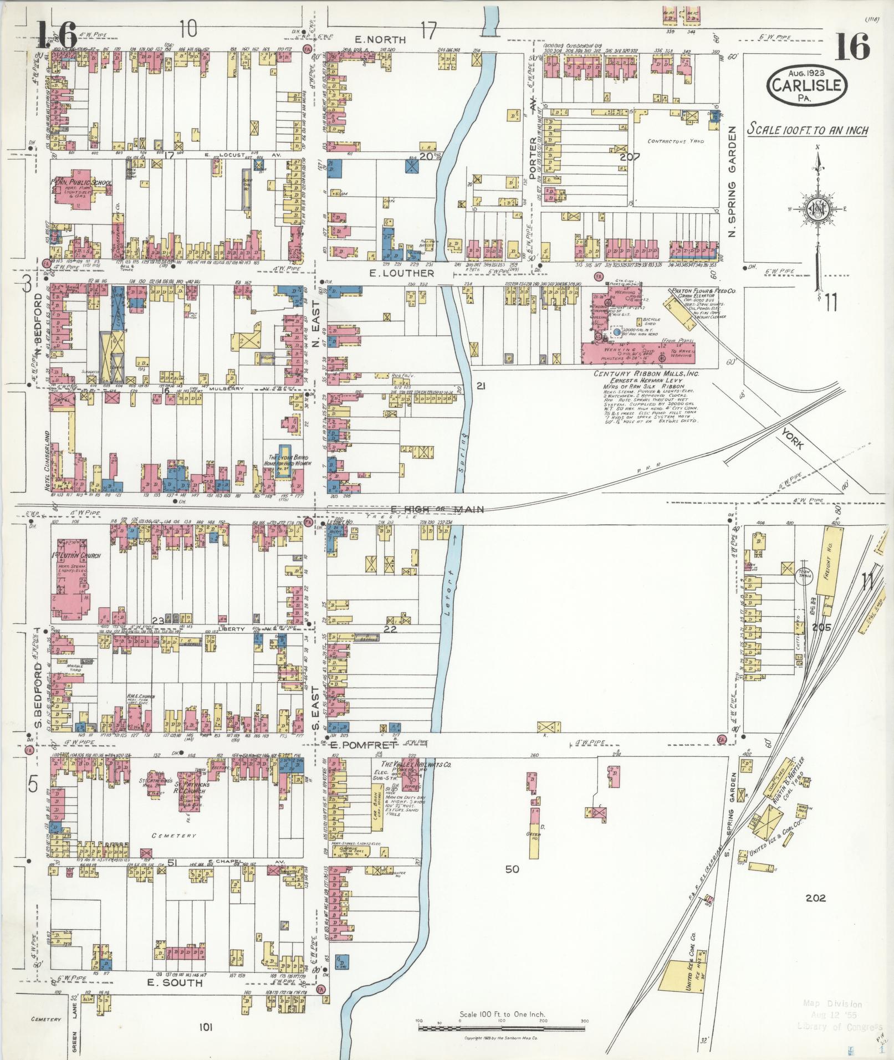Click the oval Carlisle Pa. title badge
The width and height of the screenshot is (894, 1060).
tap(808, 86)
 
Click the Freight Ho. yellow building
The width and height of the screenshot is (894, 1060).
tap(829, 562)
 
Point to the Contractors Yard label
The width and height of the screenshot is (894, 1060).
tap(676, 141)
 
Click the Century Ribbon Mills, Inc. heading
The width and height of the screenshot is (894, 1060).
tap(646, 373)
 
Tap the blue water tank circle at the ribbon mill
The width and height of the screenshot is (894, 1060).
tap(616, 332)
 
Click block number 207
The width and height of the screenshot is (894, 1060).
tap(630, 157)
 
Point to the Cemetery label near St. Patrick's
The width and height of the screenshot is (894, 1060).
tap(173, 836)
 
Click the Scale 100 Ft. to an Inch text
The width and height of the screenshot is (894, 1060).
tap(806, 130)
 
